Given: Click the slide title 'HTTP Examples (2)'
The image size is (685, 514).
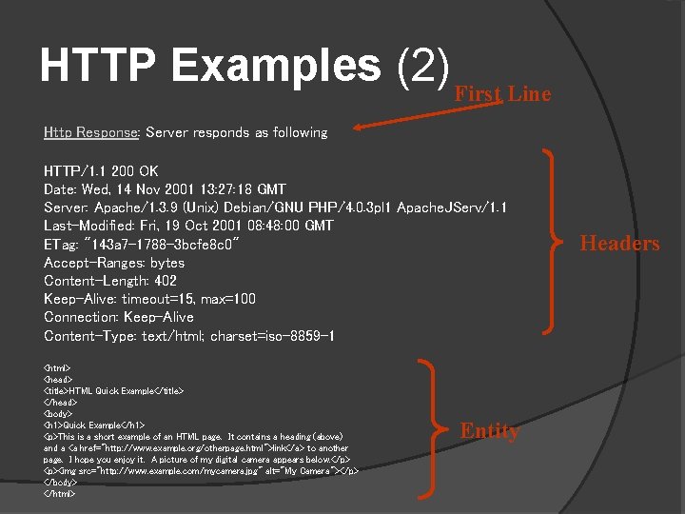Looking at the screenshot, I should (x=245, y=66).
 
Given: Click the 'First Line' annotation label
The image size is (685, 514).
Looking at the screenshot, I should (x=502, y=93).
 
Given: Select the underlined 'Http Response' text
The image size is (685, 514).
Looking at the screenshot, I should (x=91, y=132).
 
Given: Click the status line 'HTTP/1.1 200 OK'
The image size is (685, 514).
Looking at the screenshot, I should (x=101, y=171).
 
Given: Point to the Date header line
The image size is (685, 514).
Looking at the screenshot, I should (x=165, y=189).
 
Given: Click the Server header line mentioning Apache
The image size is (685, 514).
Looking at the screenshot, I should (x=275, y=208).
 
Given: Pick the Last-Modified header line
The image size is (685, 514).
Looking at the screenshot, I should (x=188, y=226).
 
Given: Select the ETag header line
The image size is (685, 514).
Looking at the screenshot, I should (x=147, y=244).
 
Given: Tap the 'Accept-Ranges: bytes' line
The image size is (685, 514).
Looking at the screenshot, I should (x=114, y=263).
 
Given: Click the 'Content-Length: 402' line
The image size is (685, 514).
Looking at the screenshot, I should (x=110, y=281).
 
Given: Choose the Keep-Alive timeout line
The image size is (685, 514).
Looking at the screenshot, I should (x=149, y=299).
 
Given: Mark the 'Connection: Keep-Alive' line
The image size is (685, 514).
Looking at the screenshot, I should (x=118, y=317).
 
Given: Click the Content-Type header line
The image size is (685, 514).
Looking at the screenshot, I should (x=188, y=336).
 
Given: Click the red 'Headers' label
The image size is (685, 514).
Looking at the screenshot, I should (x=619, y=244).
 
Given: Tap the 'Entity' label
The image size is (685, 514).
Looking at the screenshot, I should (x=490, y=431).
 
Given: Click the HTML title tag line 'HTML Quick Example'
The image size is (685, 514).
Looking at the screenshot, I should (x=113, y=390).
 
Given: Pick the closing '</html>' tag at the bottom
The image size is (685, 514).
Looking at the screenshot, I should (x=59, y=493).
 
